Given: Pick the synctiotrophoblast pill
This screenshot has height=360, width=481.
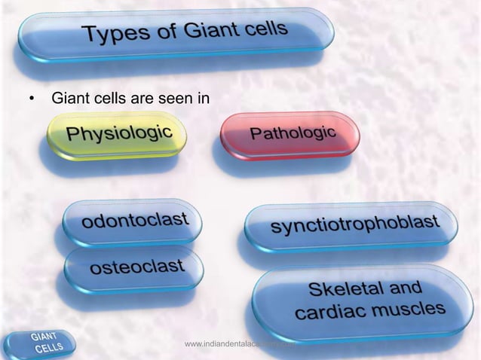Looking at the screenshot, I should pyautogui.click(x=351, y=224).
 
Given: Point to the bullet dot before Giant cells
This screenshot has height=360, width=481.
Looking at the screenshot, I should pyautogui.click(x=31, y=99).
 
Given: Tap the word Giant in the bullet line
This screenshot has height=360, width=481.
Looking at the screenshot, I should pyautogui.click(x=67, y=99).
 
